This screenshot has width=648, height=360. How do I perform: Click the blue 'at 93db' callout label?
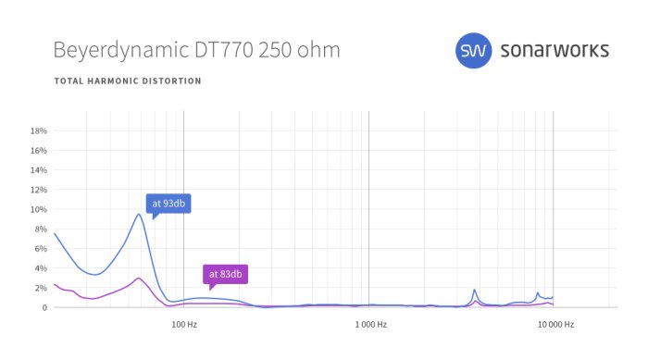[168, 204]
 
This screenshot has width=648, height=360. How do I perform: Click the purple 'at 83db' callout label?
[226, 274]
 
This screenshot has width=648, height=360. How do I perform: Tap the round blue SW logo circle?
[474, 50]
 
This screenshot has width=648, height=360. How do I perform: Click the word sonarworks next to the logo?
[555, 50]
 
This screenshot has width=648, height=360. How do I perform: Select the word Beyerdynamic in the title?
[113, 50]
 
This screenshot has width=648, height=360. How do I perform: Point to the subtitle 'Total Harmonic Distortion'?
[128, 81]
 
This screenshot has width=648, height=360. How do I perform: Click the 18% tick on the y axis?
[39, 130]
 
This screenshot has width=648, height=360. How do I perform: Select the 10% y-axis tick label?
[39, 209]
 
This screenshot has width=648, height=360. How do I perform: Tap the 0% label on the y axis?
[41, 307]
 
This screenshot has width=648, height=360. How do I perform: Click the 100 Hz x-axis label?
[184, 325]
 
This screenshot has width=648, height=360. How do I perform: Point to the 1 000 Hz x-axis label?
[368, 325]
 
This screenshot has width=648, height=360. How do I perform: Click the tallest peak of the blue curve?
[139, 215]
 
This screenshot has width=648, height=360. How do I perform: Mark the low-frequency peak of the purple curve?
[138, 278]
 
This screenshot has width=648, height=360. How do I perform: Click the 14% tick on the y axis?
[39, 170]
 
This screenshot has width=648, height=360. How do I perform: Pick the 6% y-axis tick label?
[41, 249]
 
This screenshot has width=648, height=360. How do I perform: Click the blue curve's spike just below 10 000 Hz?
[537, 292]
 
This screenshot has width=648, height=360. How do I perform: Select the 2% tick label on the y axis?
[41, 288]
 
